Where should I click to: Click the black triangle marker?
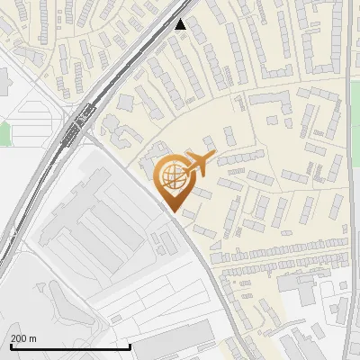181,24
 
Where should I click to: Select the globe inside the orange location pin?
171,176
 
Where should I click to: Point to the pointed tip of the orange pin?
171,211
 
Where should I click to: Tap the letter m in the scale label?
32,337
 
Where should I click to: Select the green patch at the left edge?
4,133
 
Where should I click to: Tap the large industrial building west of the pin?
90,225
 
